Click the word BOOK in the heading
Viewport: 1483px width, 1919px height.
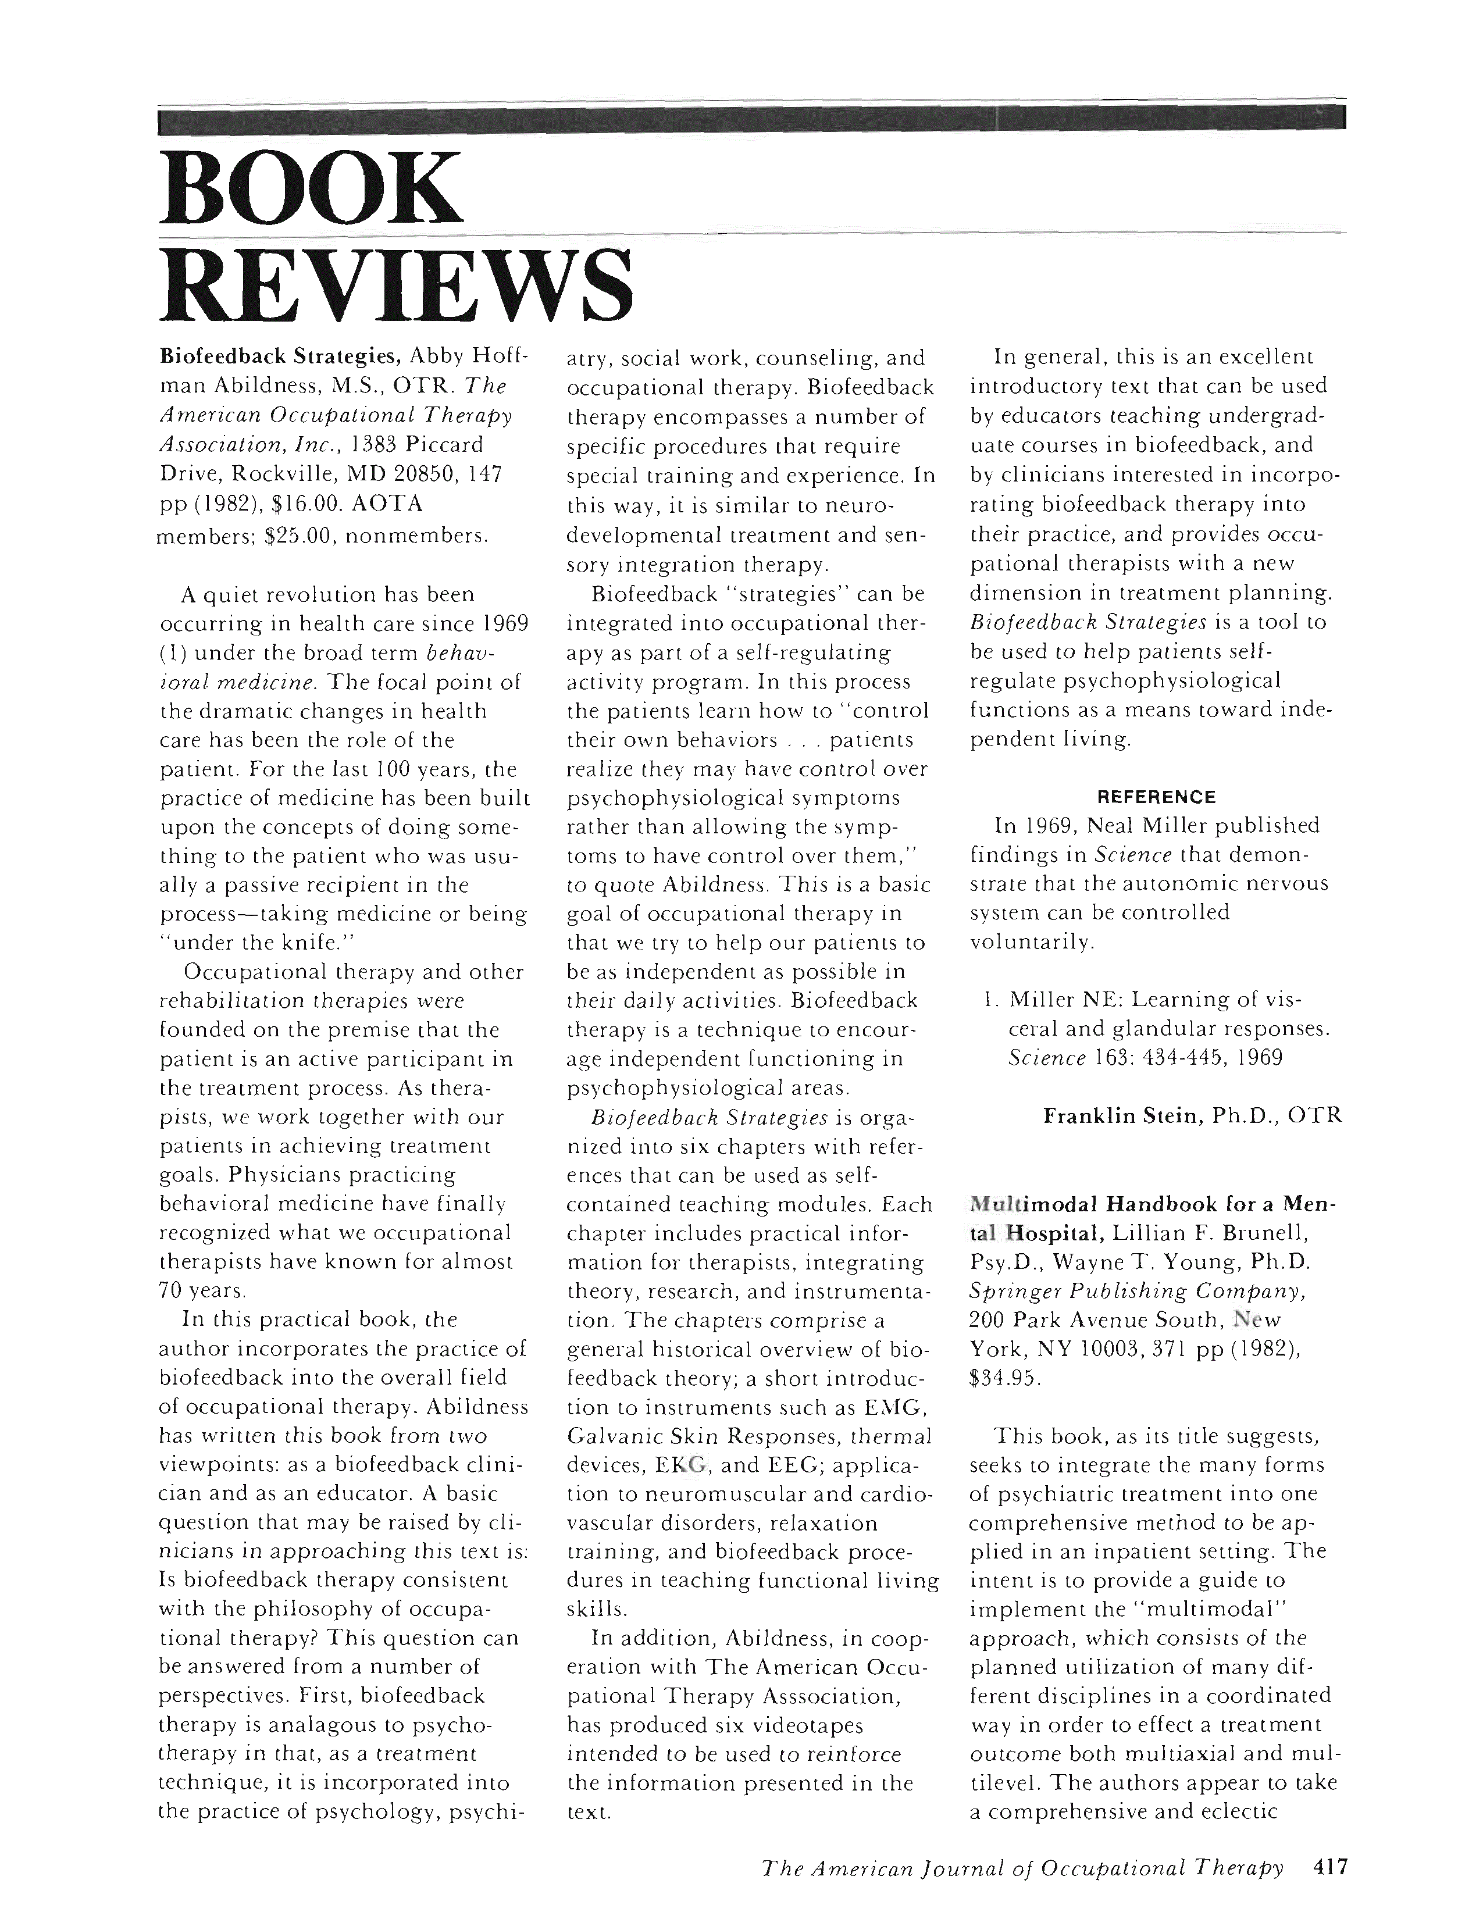310,188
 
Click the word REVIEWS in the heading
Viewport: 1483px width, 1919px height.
395,286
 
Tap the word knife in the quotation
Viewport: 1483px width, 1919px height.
306,943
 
